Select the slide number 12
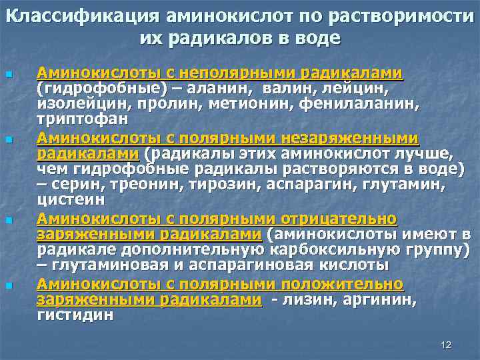[x=446, y=344]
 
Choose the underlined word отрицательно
[x=340, y=219]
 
